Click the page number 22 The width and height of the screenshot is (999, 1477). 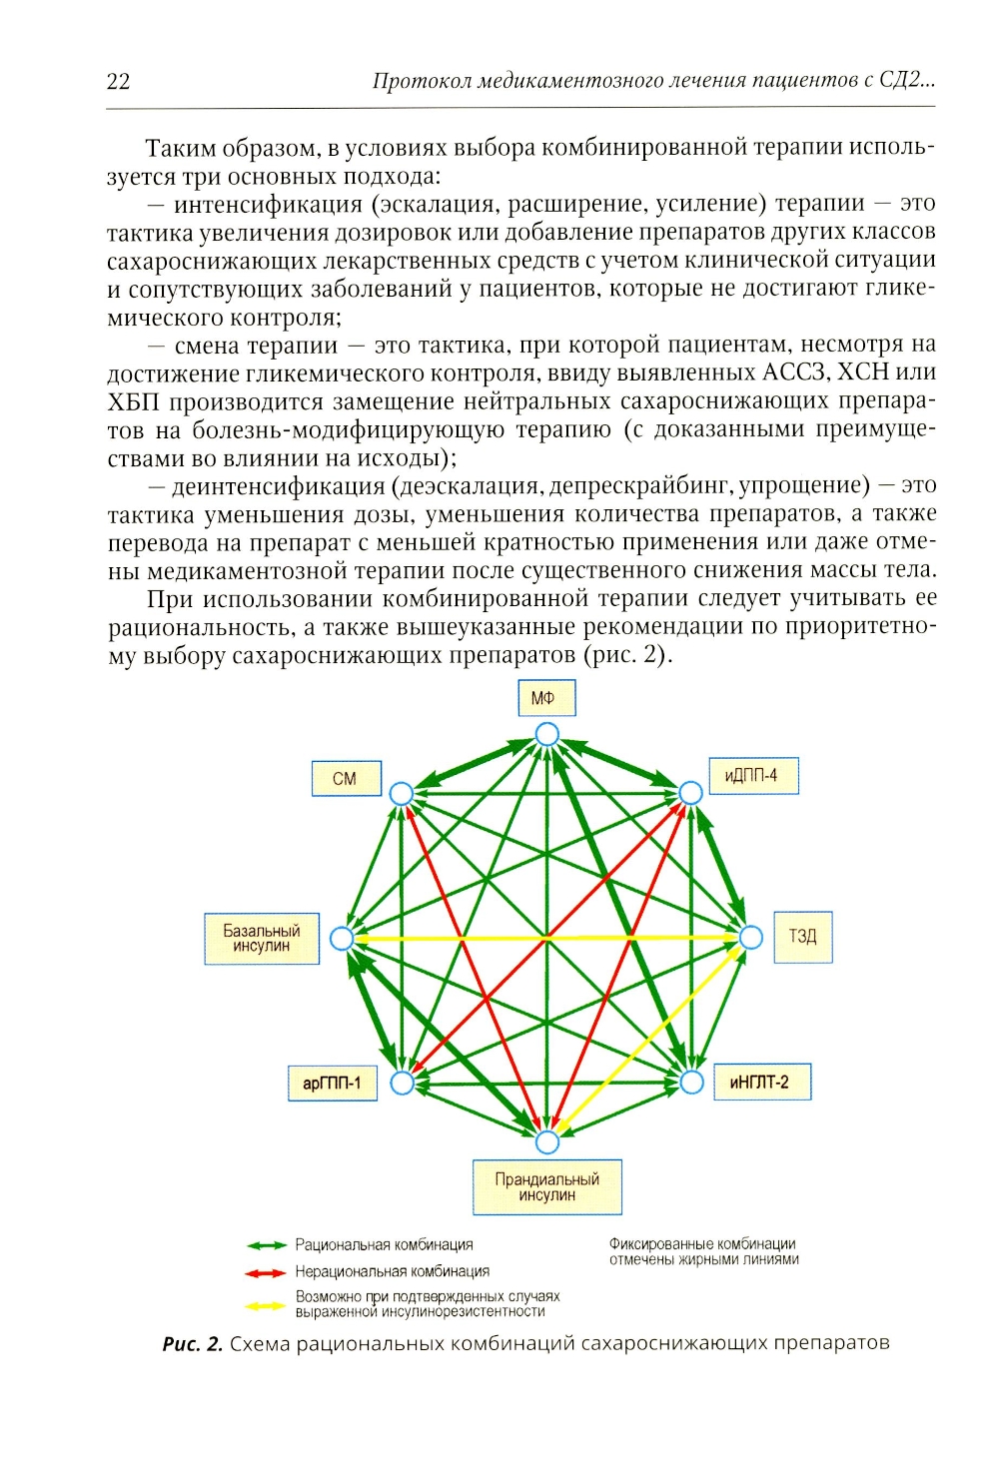[118, 82]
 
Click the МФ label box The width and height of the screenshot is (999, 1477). [546, 698]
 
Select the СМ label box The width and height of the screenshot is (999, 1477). [345, 778]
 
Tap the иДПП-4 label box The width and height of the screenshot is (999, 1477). [752, 775]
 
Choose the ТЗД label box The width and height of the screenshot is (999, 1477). [803, 937]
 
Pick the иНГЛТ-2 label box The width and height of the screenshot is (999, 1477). [760, 1082]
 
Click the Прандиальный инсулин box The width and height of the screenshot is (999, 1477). [547, 1187]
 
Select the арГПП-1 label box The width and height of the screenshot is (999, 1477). [333, 1083]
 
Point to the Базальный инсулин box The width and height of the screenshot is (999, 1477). [262, 938]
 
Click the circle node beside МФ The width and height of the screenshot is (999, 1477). [546, 735]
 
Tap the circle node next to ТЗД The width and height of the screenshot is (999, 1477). [750, 938]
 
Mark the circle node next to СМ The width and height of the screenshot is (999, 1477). [401, 794]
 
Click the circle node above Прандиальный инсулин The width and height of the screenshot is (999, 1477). [546, 1141]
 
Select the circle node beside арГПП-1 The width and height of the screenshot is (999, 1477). [402, 1083]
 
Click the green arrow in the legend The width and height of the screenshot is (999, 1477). [267, 1245]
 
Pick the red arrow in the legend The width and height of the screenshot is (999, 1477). [267, 1272]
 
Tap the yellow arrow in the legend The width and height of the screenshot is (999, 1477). [267, 1304]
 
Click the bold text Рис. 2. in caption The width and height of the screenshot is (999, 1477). [193, 1344]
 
